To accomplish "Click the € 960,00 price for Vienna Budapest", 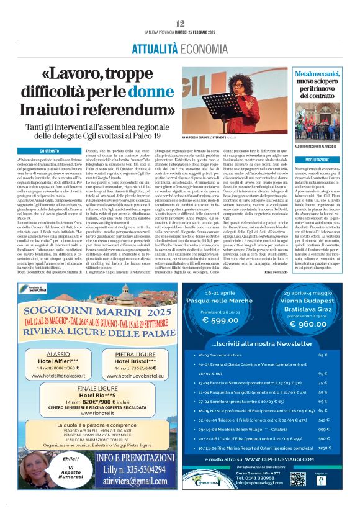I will (308, 323).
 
